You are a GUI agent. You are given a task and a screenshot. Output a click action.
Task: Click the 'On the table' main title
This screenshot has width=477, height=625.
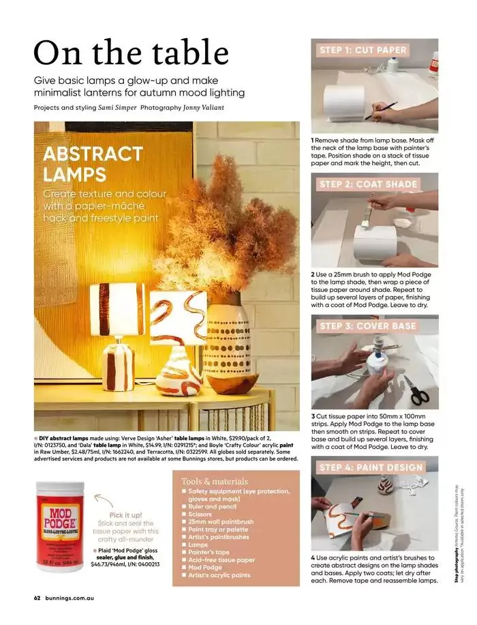pos(132,53)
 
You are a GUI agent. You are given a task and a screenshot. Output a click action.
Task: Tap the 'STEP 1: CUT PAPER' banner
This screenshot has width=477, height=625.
pos(363,50)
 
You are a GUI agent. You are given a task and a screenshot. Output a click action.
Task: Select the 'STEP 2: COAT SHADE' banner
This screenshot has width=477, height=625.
pos(368,184)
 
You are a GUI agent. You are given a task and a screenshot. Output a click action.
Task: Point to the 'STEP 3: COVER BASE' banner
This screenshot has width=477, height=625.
pos(367,326)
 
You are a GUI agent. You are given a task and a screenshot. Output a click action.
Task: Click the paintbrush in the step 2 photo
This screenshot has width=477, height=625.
pos(368,214)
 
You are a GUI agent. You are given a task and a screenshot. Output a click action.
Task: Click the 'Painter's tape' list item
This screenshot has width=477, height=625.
pos(213,551)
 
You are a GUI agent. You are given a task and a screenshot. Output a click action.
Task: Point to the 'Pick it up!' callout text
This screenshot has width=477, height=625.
pos(125,515)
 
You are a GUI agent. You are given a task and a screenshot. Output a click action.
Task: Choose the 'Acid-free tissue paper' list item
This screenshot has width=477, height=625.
pos(221,559)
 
